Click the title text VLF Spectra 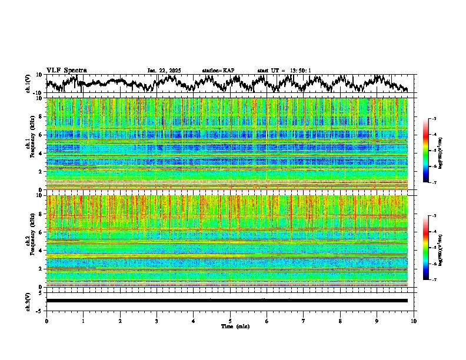pyautogui.click(x=66, y=71)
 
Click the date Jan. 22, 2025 pyautogui.click(x=164, y=71)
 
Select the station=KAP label pyautogui.click(x=218, y=71)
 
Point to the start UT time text pyautogui.click(x=284, y=71)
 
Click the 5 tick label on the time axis pyautogui.click(x=230, y=321)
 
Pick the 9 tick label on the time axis pyautogui.click(x=377, y=321)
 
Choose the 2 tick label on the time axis pyautogui.click(x=120, y=321)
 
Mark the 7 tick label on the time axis pyautogui.click(x=304, y=321)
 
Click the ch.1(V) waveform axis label pyautogui.click(x=28, y=83)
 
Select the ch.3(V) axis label pyautogui.click(x=28, y=301)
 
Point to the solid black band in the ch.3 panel pyautogui.click(x=227, y=301)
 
